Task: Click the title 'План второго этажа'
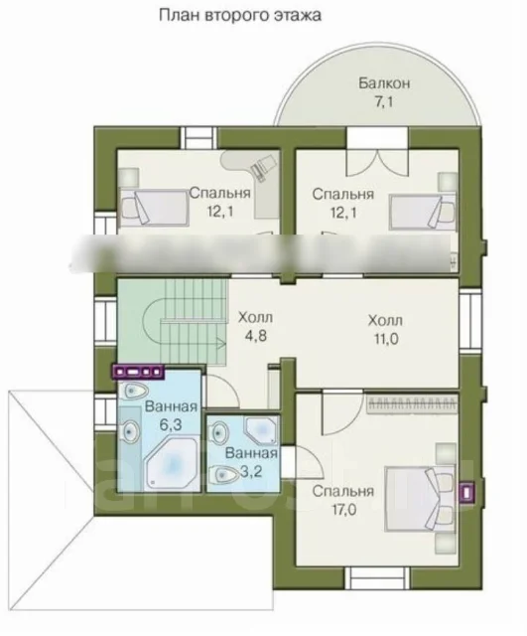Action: [x=240, y=16]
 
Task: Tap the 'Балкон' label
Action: [x=384, y=83]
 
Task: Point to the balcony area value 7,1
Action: [x=383, y=101]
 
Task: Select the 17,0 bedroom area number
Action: [x=344, y=510]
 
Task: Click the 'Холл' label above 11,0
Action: [x=385, y=320]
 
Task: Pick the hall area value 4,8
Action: [x=256, y=336]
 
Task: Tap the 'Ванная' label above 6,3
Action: [x=171, y=406]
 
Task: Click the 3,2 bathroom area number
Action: [x=251, y=472]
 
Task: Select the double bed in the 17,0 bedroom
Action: [x=420, y=498]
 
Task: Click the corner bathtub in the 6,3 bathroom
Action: [x=171, y=462]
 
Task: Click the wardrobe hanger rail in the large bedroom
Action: [x=412, y=404]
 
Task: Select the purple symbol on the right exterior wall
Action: [x=467, y=493]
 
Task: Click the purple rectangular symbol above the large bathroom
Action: [x=139, y=371]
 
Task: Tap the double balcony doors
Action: [x=377, y=163]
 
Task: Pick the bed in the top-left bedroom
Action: [x=155, y=208]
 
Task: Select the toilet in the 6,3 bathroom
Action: [x=135, y=391]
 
